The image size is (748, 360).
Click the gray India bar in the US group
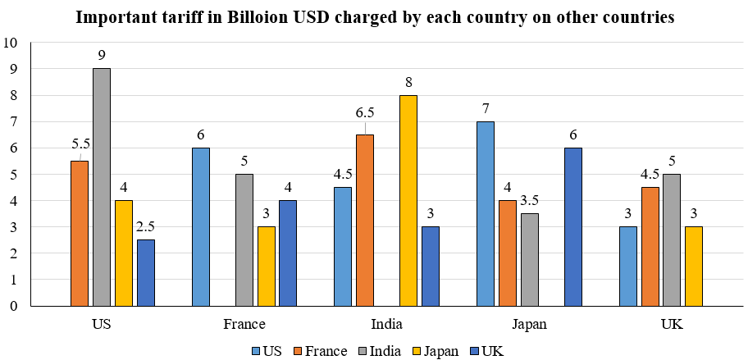click(x=102, y=187)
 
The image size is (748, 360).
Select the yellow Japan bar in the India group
click(x=408, y=201)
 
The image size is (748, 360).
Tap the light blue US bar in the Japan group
click(x=485, y=213)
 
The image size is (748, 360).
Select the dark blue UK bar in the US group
click(x=145, y=273)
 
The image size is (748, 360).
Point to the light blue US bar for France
click(x=200, y=227)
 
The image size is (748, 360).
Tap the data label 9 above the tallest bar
click(x=102, y=55)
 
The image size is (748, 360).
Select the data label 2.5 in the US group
click(x=145, y=226)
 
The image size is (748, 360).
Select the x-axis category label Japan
click(x=528, y=323)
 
